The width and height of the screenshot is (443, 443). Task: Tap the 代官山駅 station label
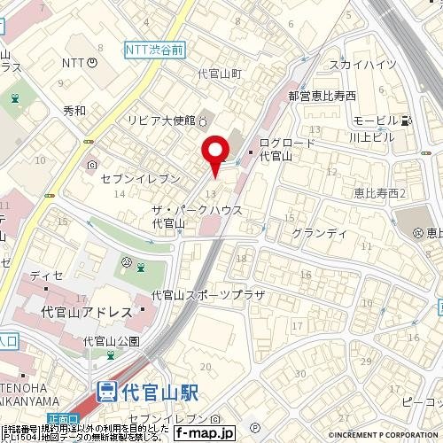pos(159,390)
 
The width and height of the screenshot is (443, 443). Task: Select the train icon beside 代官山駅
pos(106,390)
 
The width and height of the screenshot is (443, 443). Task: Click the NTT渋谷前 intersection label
pos(154,51)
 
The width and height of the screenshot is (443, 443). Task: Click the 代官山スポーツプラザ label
pos(208,294)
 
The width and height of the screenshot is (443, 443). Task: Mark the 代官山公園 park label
pos(111,341)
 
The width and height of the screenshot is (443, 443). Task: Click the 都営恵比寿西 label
pos(322,95)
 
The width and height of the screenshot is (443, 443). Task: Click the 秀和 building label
pos(74,110)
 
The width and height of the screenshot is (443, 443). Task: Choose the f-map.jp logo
pos(204,433)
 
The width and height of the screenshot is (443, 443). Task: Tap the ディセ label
pos(46,276)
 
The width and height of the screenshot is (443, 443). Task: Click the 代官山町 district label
pos(220,75)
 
